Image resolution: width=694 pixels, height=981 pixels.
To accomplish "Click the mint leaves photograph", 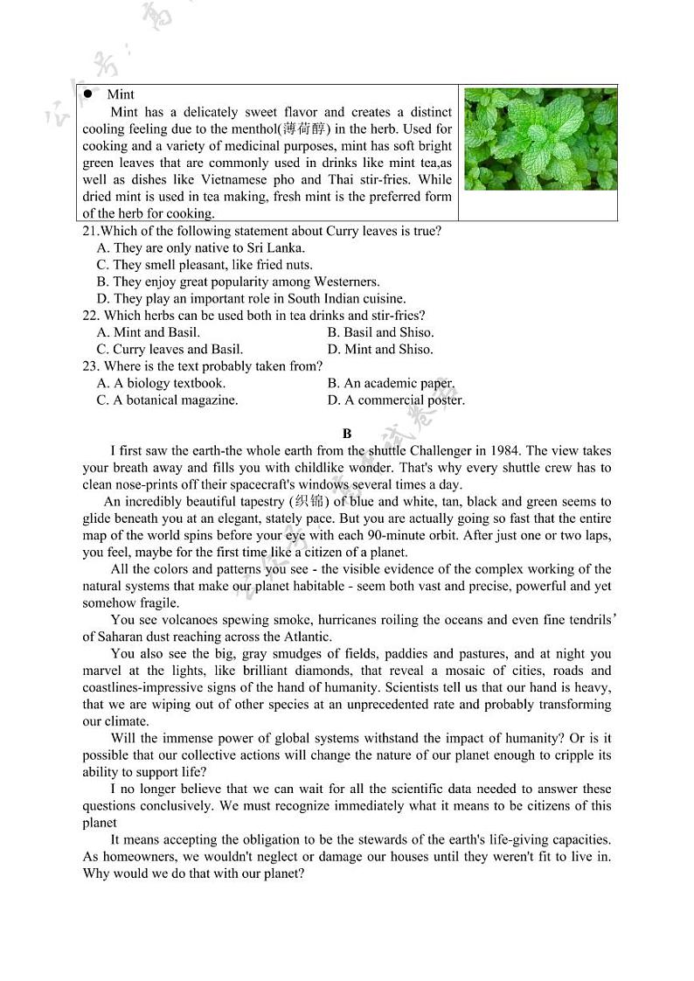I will click(539, 139).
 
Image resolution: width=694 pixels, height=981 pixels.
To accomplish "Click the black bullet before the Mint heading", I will click(88, 94).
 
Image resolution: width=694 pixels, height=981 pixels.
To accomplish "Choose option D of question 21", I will click(251, 299).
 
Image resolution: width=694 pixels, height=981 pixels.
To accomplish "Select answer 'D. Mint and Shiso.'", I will click(380, 350).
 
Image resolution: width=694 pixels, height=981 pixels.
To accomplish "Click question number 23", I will click(91, 366).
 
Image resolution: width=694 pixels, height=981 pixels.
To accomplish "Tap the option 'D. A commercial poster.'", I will click(396, 400).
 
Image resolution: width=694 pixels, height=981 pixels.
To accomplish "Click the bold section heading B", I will click(347, 434).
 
